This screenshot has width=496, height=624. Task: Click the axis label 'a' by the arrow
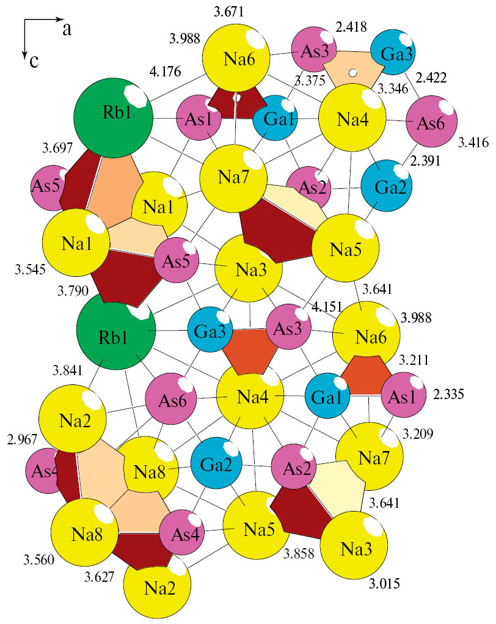point(67,29)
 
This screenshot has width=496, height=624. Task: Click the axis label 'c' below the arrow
point(35,61)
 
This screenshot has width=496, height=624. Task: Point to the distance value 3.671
point(228,12)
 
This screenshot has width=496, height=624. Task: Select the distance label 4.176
point(165,72)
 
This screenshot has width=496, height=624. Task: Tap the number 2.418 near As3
point(351,27)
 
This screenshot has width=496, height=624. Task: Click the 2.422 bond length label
point(431,77)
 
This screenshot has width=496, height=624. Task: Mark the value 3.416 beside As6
point(473,142)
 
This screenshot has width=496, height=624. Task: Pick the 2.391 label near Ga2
point(425,160)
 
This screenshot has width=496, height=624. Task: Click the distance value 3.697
point(57,148)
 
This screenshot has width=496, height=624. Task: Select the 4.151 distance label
point(327,306)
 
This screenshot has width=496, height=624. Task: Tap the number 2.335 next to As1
point(449,394)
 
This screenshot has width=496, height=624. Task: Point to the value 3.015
point(384,584)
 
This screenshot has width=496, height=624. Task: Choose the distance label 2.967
point(22,440)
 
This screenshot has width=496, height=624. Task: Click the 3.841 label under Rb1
point(68,370)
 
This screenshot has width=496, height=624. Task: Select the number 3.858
point(299,553)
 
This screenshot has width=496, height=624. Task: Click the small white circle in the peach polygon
point(352,73)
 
